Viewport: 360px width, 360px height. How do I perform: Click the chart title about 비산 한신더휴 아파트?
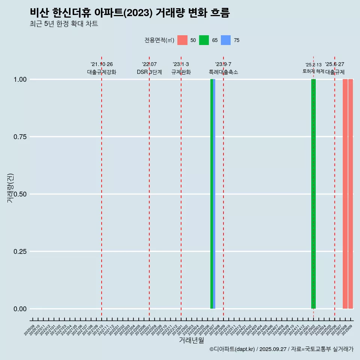click(x=129, y=13)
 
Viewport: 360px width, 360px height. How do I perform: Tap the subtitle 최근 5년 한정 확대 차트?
click(x=64, y=24)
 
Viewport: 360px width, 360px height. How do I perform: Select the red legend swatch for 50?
click(x=182, y=40)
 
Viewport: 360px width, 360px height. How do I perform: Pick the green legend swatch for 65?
click(x=204, y=40)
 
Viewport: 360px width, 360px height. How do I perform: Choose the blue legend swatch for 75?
click(x=226, y=40)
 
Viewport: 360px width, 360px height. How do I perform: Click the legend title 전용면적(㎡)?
click(x=159, y=40)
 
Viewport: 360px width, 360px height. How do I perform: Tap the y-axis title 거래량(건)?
click(x=10, y=187)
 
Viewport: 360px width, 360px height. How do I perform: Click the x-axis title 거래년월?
click(x=191, y=340)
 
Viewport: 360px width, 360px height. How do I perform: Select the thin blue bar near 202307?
click(x=214, y=194)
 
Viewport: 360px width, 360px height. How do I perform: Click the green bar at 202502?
click(x=313, y=194)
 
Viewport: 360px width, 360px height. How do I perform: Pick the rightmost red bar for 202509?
click(x=351, y=194)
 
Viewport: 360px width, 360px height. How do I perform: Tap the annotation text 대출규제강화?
click(x=102, y=72)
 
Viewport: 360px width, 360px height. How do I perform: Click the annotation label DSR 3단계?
click(x=149, y=72)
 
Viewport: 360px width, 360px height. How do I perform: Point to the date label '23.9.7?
click(x=223, y=64)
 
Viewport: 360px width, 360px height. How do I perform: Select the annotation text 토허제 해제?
click(x=313, y=71)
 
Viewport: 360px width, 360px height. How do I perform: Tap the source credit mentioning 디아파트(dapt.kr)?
click(x=281, y=349)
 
